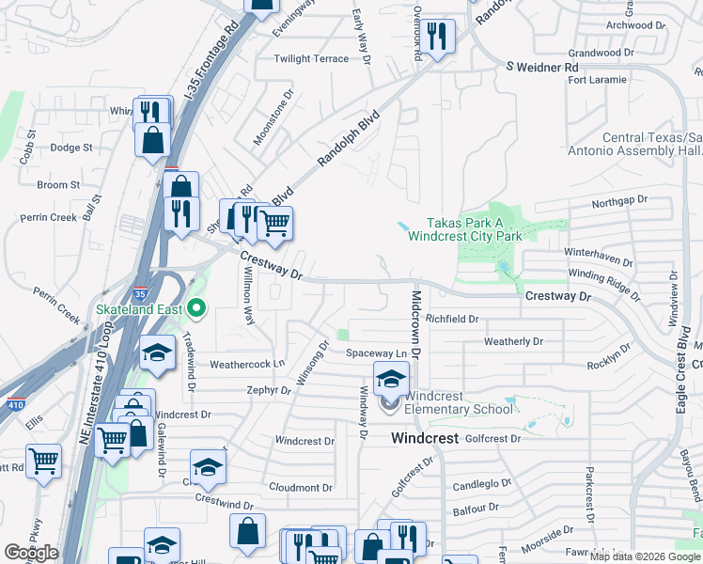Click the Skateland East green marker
[196, 306]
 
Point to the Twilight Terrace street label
[311, 58]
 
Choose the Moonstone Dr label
[273, 118]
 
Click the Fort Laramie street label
[597, 80]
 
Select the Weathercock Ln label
[246, 364]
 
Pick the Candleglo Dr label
[481, 485]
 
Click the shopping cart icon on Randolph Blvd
[273, 224]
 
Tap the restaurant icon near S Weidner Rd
[436, 37]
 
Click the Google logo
[31, 553]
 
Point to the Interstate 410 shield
[15, 405]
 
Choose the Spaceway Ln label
[376, 353]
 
